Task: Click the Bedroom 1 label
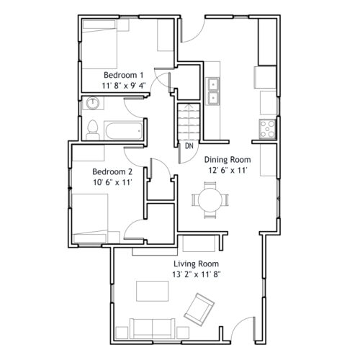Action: [x=123, y=75]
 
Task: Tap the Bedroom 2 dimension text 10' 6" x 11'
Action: [x=113, y=182]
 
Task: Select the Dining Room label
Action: [x=228, y=160]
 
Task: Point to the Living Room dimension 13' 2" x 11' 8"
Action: [x=197, y=274]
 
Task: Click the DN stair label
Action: [x=189, y=145]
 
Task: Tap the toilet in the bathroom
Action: [x=93, y=130]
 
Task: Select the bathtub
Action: [x=124, y=131]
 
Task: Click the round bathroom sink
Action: [x=92, y=103]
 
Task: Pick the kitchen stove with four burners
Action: [x=267, y=130]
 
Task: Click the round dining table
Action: [x=210, y=200]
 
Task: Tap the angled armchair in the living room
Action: [x=199, y=310]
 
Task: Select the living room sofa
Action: [x=153, y=328]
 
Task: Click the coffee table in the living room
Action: [x=153, y=291]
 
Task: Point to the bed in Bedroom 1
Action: [x=99, y=45]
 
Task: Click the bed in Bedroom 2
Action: [x=90, y=218]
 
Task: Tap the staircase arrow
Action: [x=189, y=123]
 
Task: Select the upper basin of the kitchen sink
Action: [x=213, y=84]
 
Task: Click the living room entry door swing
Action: [x=242, y=323]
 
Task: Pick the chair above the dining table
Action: [x=210, y=185]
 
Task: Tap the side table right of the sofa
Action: [x=183, y=333]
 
